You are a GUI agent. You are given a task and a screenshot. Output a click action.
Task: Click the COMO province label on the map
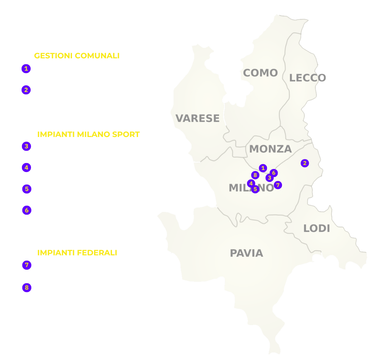point(260,73)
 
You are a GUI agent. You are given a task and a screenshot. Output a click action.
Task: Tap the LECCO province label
point(307,78)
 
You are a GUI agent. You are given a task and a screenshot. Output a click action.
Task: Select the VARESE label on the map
point(197,118)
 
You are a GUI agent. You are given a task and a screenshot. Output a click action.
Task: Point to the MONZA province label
point(270,149)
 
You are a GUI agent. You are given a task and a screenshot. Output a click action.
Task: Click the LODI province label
point(316,229)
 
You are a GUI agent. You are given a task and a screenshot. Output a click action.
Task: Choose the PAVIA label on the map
point(246,253)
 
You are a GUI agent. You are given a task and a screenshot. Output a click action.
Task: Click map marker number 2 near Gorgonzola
point(304,163)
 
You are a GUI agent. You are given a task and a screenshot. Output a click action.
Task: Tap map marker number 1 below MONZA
point(263,168)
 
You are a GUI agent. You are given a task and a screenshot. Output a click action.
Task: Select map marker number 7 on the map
point(278,185)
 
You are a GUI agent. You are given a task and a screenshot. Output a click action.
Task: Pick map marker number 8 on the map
point(255,175)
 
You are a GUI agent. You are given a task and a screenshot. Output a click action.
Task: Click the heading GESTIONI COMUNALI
point(77,56)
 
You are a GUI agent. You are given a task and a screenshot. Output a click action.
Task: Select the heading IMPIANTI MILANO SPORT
point(88,134)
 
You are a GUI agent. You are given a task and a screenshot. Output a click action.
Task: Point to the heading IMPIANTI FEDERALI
point(77,253)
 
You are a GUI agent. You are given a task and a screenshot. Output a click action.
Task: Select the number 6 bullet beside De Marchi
point(27,211)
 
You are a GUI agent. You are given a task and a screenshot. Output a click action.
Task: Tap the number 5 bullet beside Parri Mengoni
point(27,189)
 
